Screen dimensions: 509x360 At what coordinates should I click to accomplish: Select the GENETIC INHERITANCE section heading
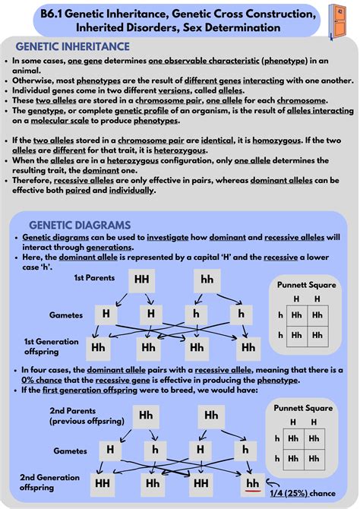pyautogui.click(x=73, y=46)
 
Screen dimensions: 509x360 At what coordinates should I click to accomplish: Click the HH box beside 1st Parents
pyautogui.click(x=142, y=279)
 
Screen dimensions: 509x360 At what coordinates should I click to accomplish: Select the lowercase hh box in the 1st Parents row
pyautogui.click(x=207, y=279)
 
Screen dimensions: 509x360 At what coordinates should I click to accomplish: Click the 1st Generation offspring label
pyautogui.click(x=51, y=346)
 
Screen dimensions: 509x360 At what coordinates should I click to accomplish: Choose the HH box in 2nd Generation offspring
pyautogui.click(x=102, y=482)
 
